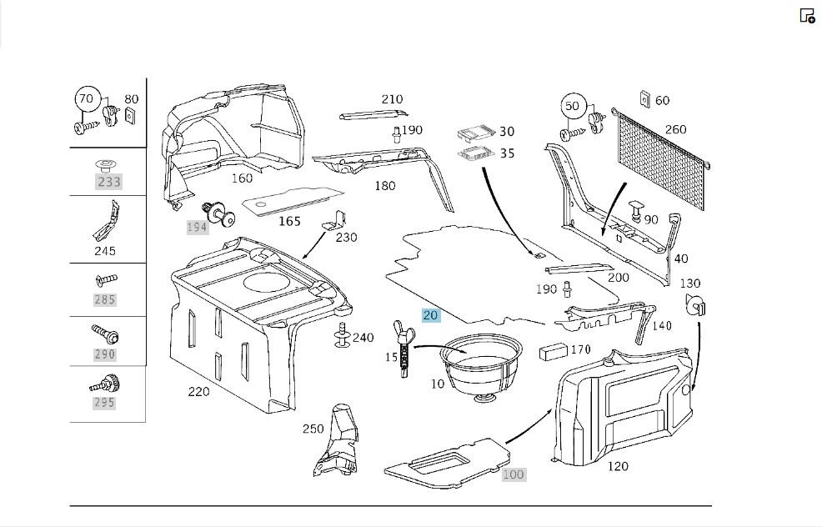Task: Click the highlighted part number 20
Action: pos(431,315)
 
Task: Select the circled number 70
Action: pos(86,98)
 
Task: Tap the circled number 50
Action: pos(572,106)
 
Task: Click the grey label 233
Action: pos(109,182)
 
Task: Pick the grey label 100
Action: pos(514,474)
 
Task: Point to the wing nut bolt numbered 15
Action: pos(404,349)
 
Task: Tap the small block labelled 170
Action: pos(554,352)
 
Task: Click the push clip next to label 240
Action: pos(343,335)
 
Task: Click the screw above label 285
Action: pos(107,280)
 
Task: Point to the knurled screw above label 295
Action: pos(105,384)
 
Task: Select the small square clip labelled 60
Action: pos(644,98)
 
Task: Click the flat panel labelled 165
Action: pos(293,200)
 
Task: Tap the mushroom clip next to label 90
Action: pos(636,210)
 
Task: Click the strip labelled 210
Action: pos(373,115)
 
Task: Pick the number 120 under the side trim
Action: pos(618,466)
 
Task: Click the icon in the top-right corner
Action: pos(807,16)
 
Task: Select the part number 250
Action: pos(313,429)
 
